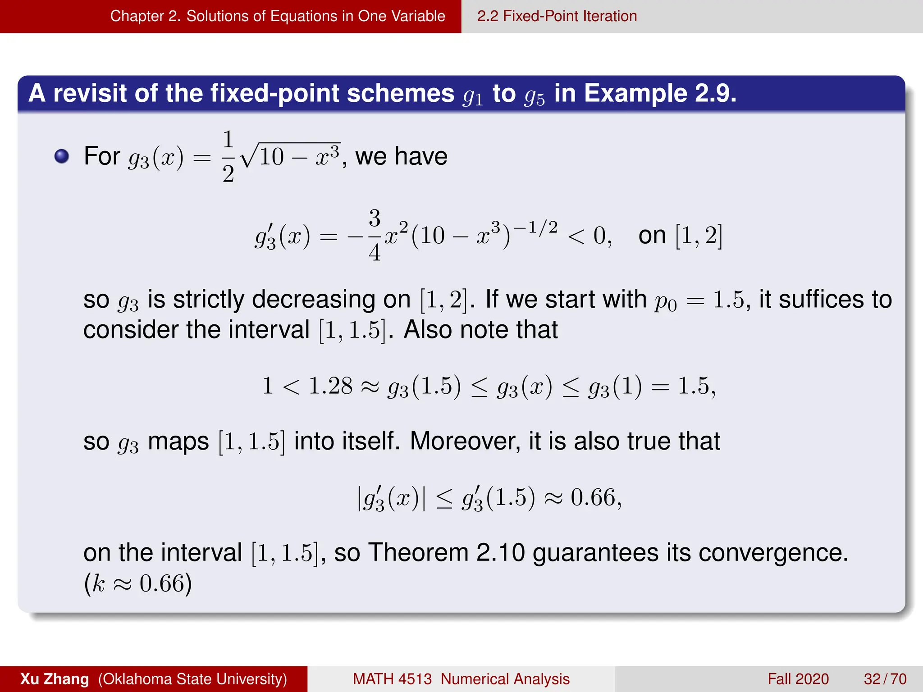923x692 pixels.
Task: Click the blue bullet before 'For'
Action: click(62, 156)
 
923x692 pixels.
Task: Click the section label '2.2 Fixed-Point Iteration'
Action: click(557, 16)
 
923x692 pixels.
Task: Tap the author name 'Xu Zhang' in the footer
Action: click(55, 679)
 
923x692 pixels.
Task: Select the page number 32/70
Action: click(885, 679)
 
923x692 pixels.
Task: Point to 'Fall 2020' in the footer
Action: click(798, 679)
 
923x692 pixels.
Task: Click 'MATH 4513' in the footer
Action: click(392, 679)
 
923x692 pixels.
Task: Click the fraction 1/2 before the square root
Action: click(228, 156)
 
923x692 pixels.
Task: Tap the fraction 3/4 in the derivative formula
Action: click(375, 235)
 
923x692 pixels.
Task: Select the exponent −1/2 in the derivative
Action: click(535, 228)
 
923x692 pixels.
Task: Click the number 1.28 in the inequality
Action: click(330, 386)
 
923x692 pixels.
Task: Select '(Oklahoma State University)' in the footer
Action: click(192, 679)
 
